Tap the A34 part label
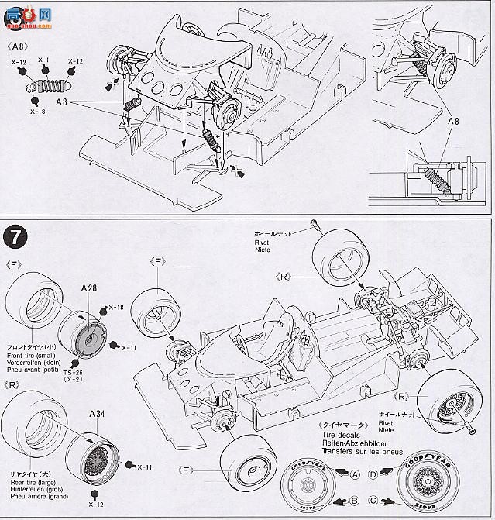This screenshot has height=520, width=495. click(x=98, y=415)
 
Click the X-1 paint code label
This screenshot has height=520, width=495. click(x=43, y=60)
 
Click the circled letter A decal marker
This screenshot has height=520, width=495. click(x=355, y=475)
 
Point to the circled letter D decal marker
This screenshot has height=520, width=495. click(x=373, y=475)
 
